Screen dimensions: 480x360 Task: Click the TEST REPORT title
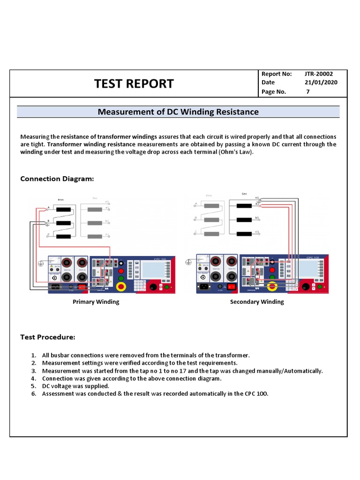click(134, 84)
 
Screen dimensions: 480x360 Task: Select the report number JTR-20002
click(319, 74)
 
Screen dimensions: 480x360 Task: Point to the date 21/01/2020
click(321, 82)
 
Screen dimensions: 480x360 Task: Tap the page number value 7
click(308, 92)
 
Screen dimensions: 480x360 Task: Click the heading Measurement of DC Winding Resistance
click(178, 112)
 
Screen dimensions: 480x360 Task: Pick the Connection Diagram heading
click(57, 179)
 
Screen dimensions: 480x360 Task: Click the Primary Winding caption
click(96, 302)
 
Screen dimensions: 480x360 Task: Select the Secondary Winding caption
click(257, 302)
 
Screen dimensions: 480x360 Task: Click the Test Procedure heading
click(47, 337)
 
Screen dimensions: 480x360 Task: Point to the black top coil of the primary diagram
click(63, 209)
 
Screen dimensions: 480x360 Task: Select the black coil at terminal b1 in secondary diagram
click(243, 219)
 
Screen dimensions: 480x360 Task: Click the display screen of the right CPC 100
click(304, 270)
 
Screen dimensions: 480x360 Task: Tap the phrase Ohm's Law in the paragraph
click(235, 152)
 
